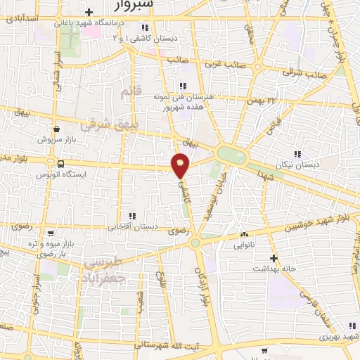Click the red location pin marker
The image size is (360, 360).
pyautogui.click(x=181, y=165)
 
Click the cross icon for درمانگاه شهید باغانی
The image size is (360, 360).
pyautogui.click(x=88, y=12)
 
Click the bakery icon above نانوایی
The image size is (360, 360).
pyautogui.click(x=244, y=233)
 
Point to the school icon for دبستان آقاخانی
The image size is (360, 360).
pyautogui.click(x=131, y=216)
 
